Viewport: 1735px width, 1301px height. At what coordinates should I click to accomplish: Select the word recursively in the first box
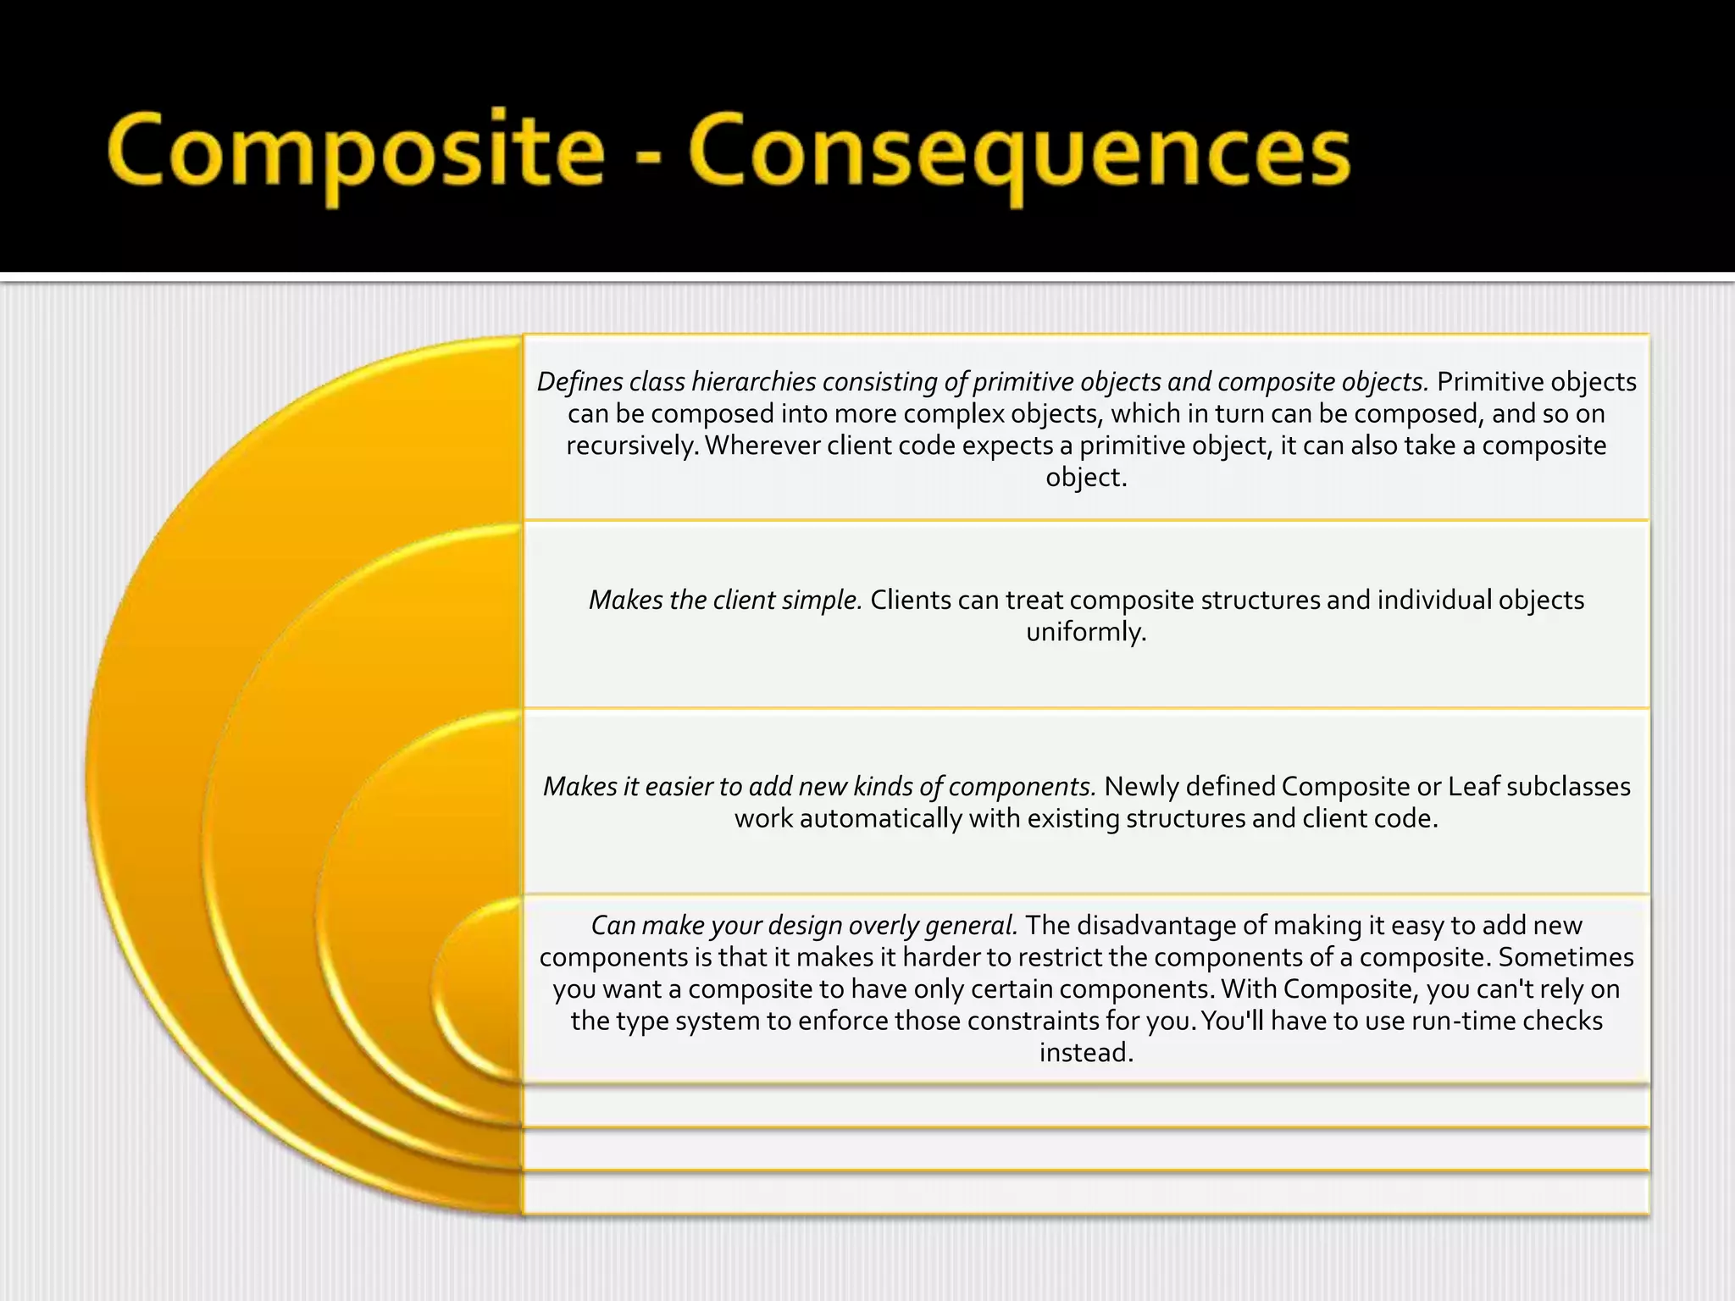point(631,446)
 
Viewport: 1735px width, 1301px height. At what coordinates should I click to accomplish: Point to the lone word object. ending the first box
point(1086,478)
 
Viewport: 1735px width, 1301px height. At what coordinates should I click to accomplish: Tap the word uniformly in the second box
point(1086,632)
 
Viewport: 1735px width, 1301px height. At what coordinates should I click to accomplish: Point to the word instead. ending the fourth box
point(1086,1053)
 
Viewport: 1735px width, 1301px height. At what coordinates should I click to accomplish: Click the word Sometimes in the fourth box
point(1566,957)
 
